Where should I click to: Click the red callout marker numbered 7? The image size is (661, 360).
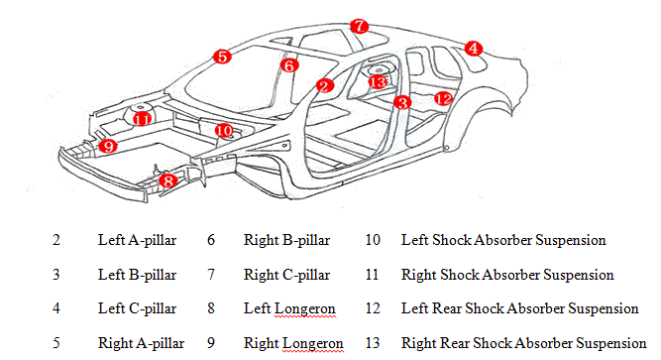point(360,26)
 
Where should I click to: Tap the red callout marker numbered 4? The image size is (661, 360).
point(474,48)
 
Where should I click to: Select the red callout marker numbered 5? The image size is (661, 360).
point(222,58)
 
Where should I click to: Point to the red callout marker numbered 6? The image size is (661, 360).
point(288,65)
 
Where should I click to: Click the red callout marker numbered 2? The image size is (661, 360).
point(324,86)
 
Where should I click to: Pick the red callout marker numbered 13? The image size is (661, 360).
point(377,81)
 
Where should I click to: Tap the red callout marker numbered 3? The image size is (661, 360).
point(401,101)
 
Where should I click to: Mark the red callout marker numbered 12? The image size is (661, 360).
point(443,98)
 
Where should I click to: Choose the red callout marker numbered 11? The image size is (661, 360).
point(143,119)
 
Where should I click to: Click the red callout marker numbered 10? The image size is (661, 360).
point(224,130)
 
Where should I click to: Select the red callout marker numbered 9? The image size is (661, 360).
point(108,146)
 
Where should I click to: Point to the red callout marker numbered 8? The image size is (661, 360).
point(168,180)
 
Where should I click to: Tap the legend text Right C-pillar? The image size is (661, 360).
point(286,274)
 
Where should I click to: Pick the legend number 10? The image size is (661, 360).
point(374,240)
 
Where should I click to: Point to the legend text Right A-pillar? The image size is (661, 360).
point(138,343)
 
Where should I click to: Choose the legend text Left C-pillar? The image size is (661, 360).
point(137,308)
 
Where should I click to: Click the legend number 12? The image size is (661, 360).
point(374,308)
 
